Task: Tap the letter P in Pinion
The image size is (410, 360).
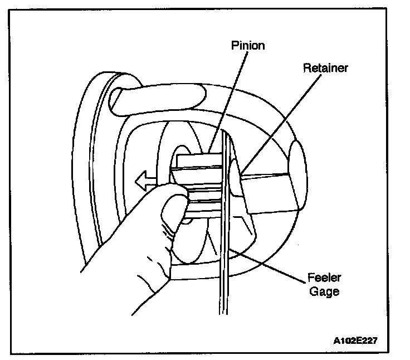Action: tap(233, 45)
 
